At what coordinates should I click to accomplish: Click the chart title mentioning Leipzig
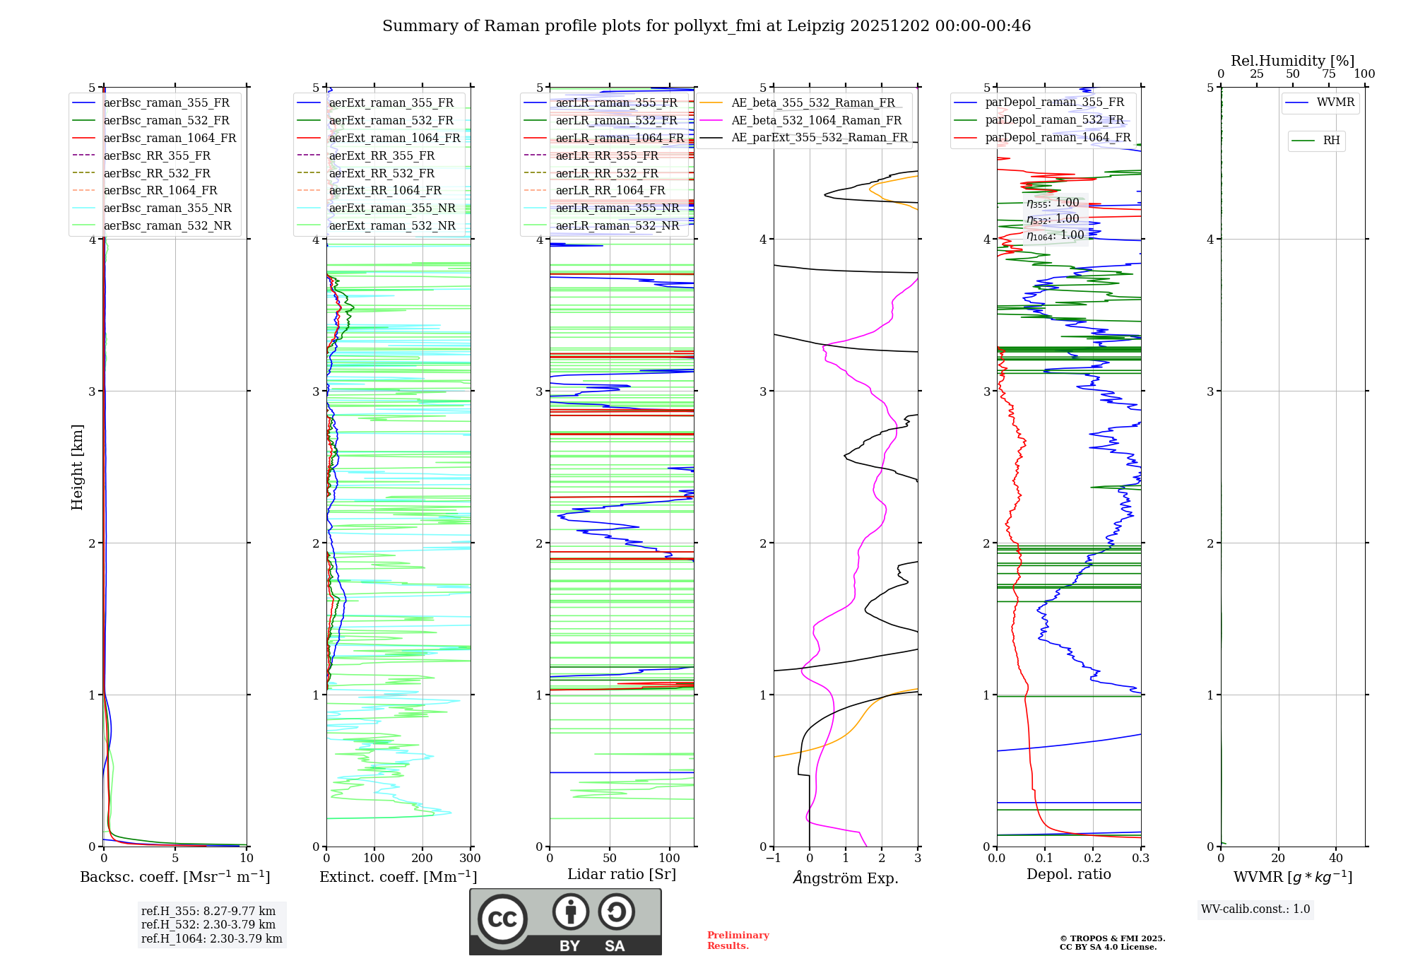click(706, 26)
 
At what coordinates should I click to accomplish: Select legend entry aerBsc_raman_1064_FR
click(170, 138)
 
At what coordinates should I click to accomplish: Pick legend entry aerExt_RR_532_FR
click(382, 173)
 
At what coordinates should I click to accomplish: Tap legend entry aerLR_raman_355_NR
click(617, 208)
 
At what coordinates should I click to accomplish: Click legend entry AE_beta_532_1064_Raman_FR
click(816, 120)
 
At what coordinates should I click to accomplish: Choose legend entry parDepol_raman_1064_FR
click(1058, 137)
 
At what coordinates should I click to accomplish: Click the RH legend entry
click(1331, 141)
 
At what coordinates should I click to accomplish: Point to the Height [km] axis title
click(77, 467)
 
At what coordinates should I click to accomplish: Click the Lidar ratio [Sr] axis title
click(622, 874)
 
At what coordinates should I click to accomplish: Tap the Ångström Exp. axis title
click(846, 878)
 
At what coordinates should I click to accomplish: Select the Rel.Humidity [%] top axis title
click(1292, 61)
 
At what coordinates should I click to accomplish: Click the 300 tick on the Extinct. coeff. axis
click(470, 859)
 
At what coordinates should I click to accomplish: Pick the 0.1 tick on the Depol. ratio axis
click(1044, 859)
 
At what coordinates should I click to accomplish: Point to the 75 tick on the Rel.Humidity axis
click(1329, 74)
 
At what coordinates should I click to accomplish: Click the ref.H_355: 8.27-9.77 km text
click(208, 911)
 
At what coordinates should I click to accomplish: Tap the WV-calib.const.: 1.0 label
click(1255, 909)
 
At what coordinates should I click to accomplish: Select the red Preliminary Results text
click(738, 941)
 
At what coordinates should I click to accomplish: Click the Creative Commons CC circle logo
click(502, 919)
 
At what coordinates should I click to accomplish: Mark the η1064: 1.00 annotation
click(1055, 235)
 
